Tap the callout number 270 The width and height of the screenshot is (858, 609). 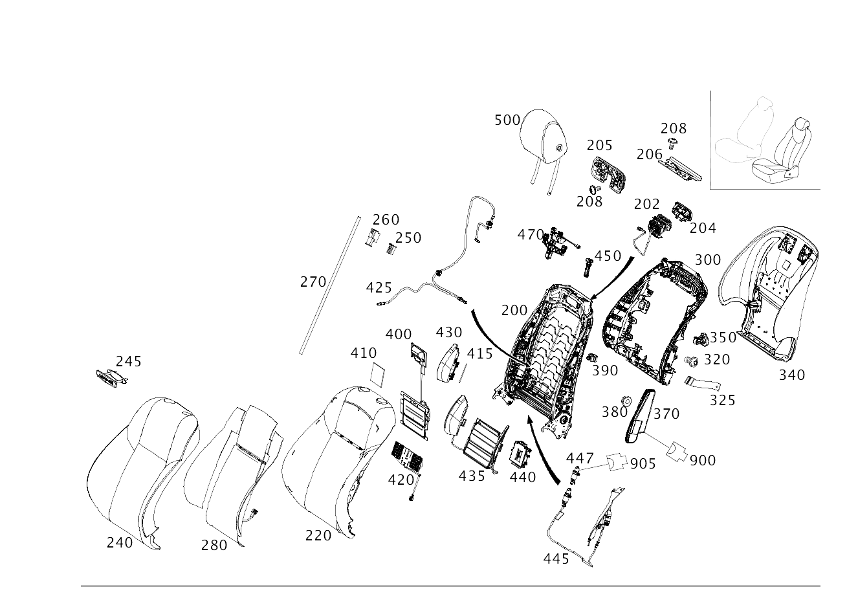[x=313, y=282]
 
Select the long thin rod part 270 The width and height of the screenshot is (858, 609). [x=330, y=285]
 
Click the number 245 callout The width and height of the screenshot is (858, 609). [x=129, y=361]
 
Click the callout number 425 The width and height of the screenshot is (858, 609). [x=379, y=287]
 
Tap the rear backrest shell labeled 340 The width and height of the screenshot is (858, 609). [x=768, y=293]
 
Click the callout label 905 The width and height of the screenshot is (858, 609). [x=643, y=464]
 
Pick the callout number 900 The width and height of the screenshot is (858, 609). [x=703, y=460]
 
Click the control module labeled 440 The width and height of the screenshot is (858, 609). [x=520, y=456]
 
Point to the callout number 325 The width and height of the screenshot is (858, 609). [x=722, y=400]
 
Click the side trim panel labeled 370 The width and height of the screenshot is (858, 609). [x=641, y=416]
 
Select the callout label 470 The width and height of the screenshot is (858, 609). [x=531, y=234]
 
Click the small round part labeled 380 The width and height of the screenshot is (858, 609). [x=626, y=401]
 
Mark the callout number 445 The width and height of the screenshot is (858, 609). [x=556, y=559]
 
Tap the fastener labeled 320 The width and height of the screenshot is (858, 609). [x=691, y=360]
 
